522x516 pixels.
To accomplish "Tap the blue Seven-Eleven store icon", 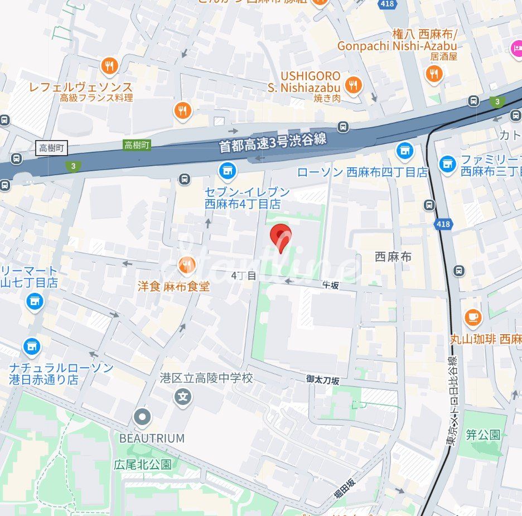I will (x=227, y=171).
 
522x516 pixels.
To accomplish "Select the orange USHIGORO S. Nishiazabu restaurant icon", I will (x=352, y=85).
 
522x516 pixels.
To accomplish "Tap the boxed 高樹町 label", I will (x=52, y=148).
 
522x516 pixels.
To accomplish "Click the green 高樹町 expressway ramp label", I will (x=137, y=145).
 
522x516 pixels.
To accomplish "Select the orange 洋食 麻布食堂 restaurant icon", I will (x=186, y=265).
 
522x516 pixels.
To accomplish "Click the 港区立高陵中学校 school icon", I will (x=182, y=397).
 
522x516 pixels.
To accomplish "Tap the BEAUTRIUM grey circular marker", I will (x=143, y=416).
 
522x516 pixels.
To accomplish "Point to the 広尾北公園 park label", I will (x=142, y=464).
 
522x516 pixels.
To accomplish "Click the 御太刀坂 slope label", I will (x=322, y=379).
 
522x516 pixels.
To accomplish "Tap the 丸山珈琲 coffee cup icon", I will (x=473, y=317).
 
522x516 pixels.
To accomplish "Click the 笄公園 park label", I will (x=483, y=435).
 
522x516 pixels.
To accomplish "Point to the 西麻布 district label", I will (x=393, y=257).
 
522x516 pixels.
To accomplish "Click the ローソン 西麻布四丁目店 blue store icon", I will (x=405, y=151).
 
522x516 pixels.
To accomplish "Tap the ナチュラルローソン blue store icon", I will (x=32, y=347).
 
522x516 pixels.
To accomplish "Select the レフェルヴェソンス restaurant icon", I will (x=109, y=67).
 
